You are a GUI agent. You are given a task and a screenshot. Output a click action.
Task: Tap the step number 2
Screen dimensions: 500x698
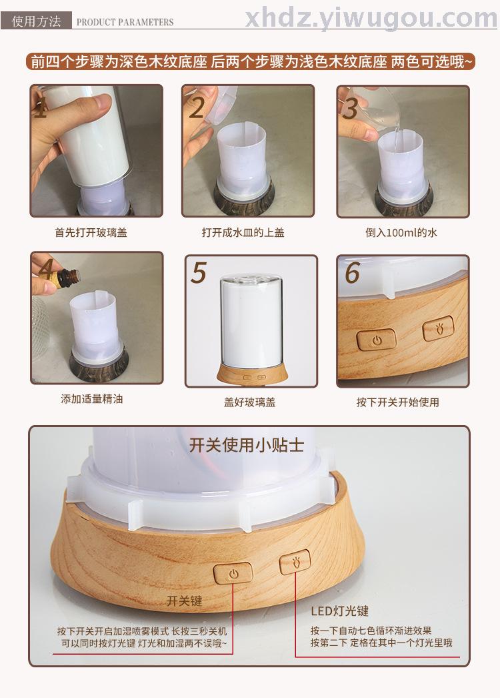point(197,107)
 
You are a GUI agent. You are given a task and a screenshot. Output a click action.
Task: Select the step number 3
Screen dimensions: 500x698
point(351,108)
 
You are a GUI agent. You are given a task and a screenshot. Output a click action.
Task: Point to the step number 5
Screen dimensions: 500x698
point(199,272)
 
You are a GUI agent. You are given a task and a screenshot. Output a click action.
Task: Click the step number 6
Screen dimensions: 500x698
point(352,272)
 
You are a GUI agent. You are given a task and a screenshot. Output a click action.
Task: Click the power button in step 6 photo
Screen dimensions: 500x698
point(377,340)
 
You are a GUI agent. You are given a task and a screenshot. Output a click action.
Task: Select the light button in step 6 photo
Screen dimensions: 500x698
point(439,328)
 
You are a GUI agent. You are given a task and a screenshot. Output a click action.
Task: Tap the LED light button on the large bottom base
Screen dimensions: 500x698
point(295,563)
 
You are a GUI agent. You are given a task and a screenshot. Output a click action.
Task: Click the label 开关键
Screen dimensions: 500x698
point(184,601)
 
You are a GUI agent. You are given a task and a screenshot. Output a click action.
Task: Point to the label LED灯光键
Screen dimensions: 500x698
point(340,611)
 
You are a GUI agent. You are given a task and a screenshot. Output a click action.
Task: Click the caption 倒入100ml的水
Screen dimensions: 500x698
point(401,232)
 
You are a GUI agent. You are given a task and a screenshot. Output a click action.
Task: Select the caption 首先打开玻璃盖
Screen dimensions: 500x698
point(91,232)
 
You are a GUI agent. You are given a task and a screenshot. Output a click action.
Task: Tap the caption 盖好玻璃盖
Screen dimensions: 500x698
point(249,402)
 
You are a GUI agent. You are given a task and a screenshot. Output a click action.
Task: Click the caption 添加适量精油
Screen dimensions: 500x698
point(91,399)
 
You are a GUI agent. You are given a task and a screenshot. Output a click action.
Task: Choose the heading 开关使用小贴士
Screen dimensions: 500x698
point(247,445)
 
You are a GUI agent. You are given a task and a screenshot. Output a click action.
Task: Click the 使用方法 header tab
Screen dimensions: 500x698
point(37,21)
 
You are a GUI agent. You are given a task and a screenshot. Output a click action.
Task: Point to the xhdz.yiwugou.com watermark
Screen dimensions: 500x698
point(371,18)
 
